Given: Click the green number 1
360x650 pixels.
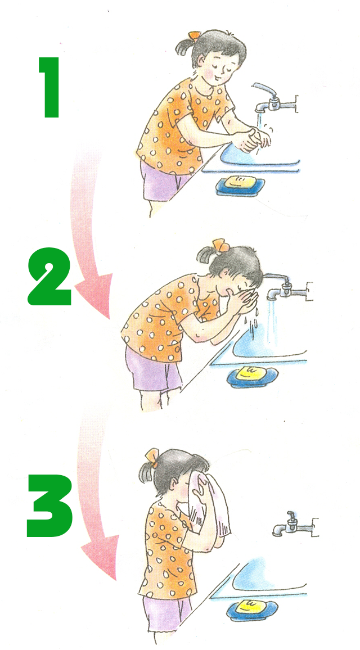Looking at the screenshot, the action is point(51,88).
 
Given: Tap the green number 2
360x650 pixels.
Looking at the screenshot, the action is point(49,277).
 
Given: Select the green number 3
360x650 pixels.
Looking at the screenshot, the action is point(49,505).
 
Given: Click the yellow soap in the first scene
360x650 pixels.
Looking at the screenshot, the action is point(240,182).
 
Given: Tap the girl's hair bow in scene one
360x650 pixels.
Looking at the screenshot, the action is point(194,35).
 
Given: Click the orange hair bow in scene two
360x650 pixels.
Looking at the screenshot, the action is point(220,245).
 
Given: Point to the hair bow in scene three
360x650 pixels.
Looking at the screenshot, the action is point(152,458).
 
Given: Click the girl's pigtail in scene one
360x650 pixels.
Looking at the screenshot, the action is point(182,47).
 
